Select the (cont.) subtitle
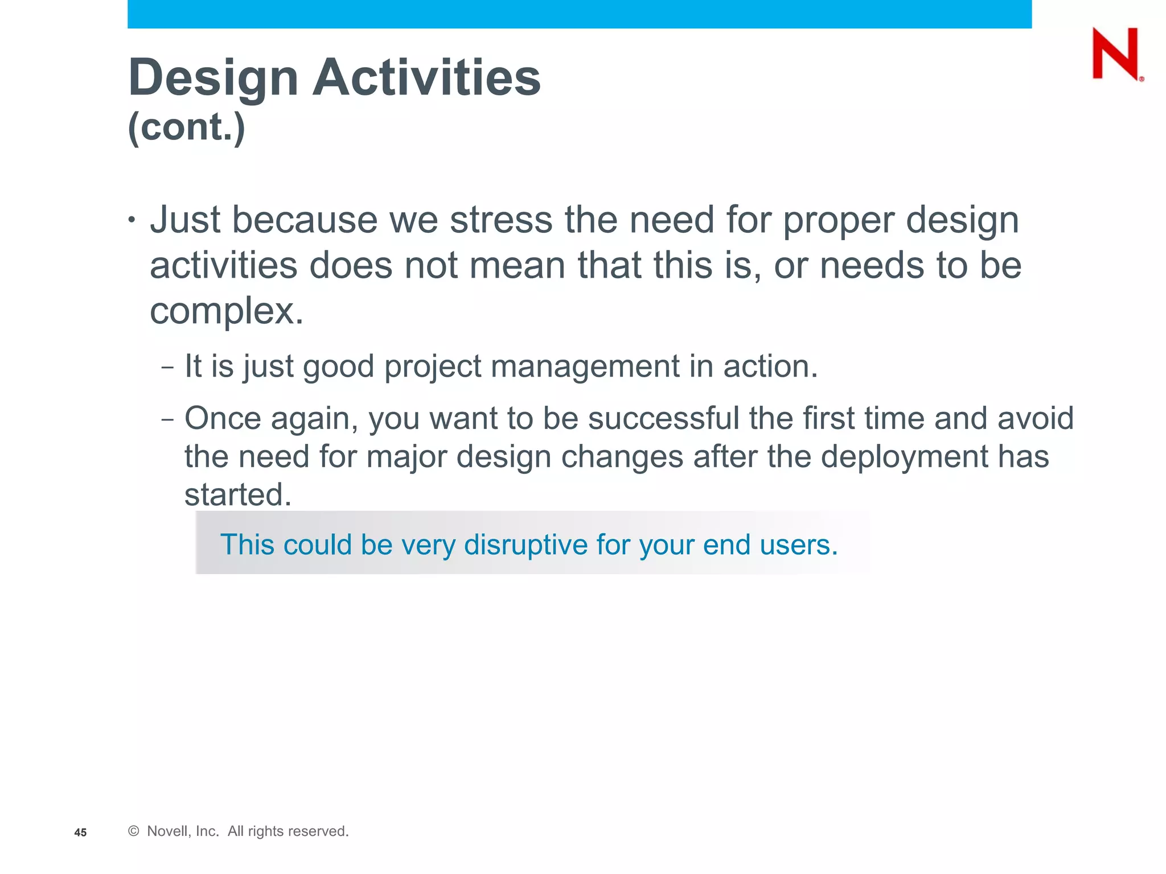point(187,126)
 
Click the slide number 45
point(80,832)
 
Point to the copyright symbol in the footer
point(134,831)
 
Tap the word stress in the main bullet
point(501,220)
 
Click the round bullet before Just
point(132,220)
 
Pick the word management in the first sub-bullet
point(585,366)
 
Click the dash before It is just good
point(167,368)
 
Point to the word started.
point(238,494)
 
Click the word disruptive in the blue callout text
point(525,545)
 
